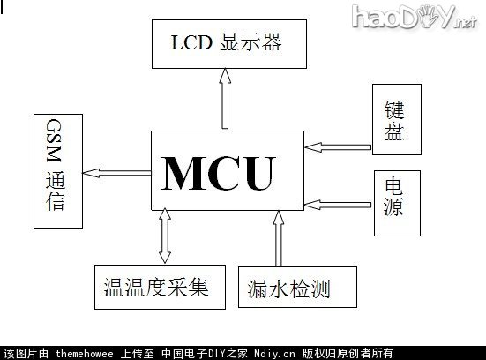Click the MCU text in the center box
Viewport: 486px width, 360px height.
pos(219,172)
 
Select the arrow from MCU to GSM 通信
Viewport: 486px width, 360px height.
pos(117,171)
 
